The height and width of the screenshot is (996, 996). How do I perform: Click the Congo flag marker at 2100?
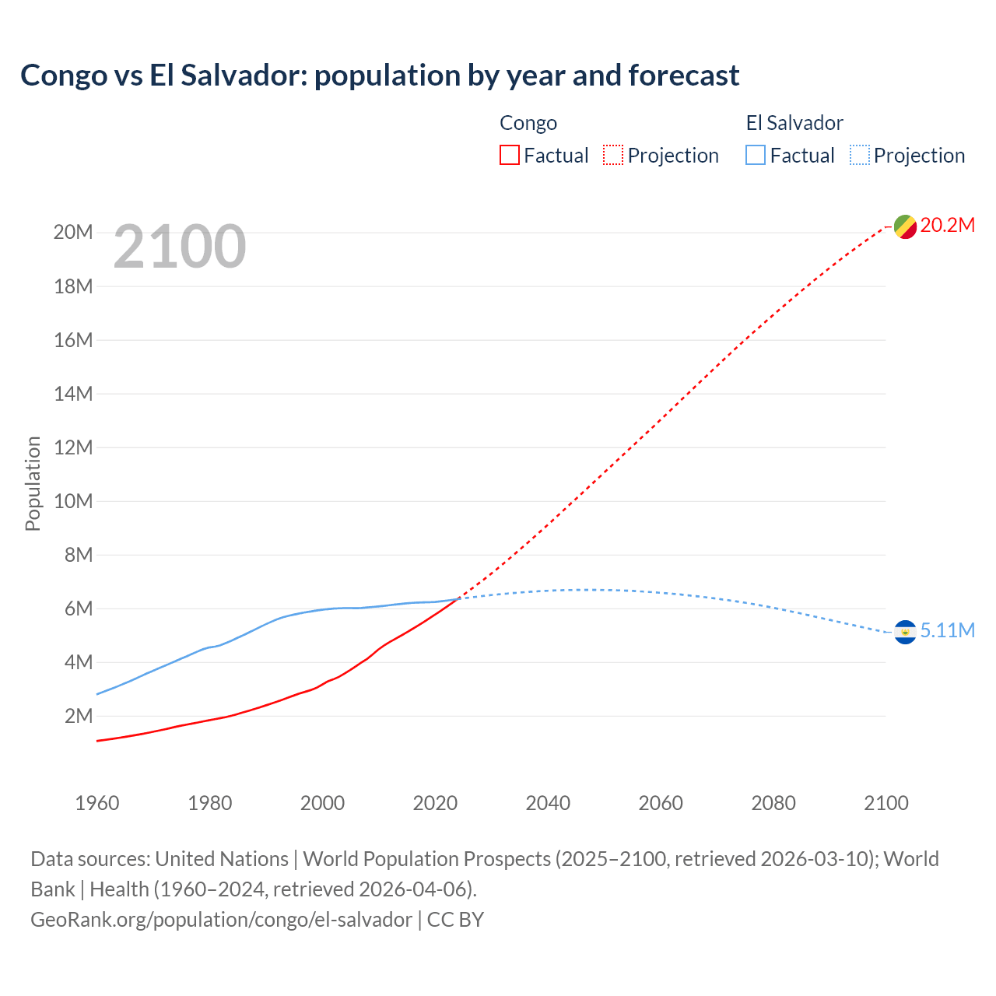905,226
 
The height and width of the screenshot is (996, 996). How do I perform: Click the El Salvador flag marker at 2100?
905,632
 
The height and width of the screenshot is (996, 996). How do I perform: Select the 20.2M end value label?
947,226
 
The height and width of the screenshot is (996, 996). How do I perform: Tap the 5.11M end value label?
947,631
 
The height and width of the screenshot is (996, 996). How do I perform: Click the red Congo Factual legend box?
509,156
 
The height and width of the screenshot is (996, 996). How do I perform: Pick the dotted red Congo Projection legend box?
613,156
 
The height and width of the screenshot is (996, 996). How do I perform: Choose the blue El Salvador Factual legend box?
756,156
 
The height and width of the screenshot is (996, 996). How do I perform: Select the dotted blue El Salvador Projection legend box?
860,156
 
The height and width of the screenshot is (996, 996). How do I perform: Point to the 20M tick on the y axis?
73,233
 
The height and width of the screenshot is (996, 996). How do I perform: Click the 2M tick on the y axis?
78,716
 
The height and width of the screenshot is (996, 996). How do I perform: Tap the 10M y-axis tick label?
73,501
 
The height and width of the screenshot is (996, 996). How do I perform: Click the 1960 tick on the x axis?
97,803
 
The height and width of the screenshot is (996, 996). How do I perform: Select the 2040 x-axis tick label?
548,803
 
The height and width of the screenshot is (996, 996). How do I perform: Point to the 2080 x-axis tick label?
773,803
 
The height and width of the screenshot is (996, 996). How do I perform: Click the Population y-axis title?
33,483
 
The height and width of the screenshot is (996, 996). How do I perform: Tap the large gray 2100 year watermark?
180,247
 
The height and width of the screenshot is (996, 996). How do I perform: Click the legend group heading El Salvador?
794,123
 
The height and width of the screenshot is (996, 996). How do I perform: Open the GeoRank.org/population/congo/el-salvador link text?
221,920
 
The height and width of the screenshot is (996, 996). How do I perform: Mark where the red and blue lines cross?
458,598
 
